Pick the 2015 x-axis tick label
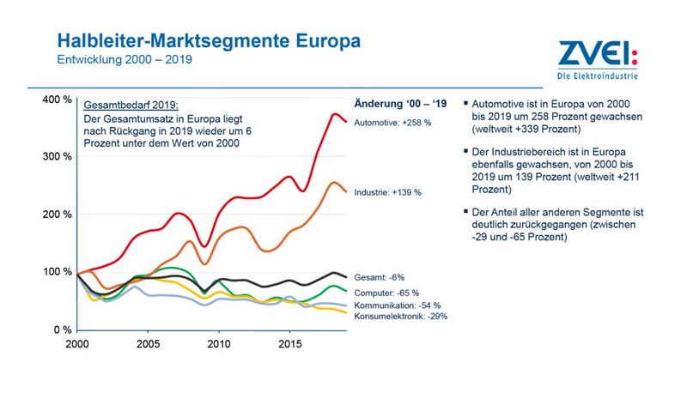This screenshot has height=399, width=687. point(288,344)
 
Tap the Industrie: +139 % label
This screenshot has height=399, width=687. point(386,192)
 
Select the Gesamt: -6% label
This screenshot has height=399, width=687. point(380,278)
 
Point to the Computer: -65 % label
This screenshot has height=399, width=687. point(386,292)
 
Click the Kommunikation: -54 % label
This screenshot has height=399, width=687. point(397,305)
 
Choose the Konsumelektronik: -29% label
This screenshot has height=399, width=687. point(400,316)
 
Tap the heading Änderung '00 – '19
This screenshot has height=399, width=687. point(401,104)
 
